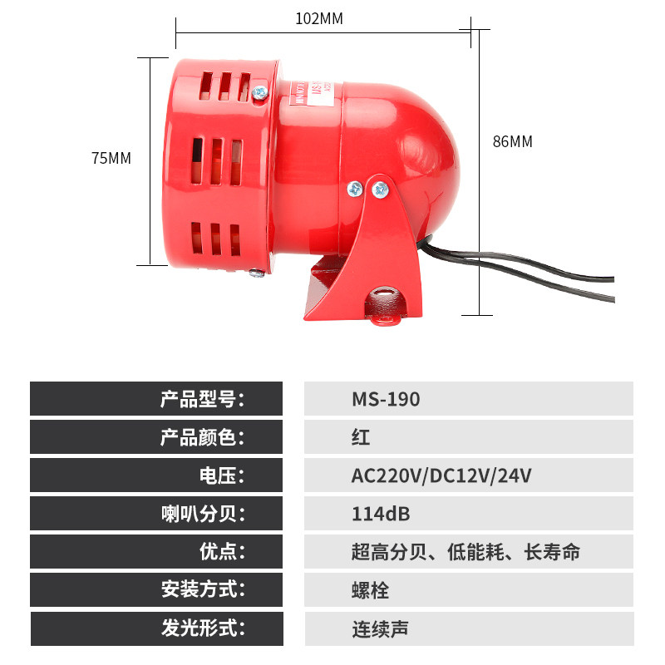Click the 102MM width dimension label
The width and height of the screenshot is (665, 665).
pos(318,18)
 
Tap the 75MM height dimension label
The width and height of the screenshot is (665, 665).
pos(111,158)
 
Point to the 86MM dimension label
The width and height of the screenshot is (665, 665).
pos(512,141)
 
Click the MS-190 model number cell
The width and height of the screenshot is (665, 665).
pos(386,399)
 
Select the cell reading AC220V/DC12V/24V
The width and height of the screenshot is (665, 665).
pos(441,475)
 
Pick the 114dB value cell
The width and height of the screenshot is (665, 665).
pos(381,514)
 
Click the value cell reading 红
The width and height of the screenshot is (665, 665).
pos(361,437)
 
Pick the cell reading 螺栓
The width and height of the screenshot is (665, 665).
pos(370,590)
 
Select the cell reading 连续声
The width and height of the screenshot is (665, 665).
pos(380,628)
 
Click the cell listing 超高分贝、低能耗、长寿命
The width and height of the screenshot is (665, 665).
pos(465,552)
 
